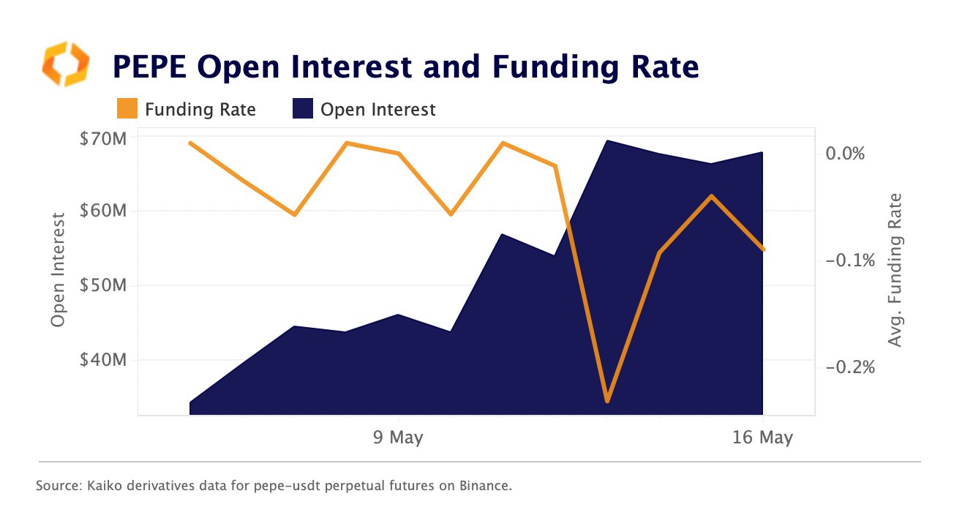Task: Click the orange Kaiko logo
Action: click(x=65, y=64)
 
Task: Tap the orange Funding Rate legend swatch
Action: click(x=127, y=110)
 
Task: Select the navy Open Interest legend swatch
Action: click(x=302, y=110)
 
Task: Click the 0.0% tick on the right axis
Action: click(x=845, y=154)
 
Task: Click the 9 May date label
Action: click(x=398, y=438)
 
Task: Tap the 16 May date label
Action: click(x=763, y=438)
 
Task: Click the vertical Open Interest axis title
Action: click(x=59, y=270)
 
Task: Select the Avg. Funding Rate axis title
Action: click(x=894, y=270)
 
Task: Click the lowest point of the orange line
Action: click(x=607, y=401)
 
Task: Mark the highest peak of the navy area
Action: click(x=608, y=141)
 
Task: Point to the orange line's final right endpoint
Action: click(x=764, y=249)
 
